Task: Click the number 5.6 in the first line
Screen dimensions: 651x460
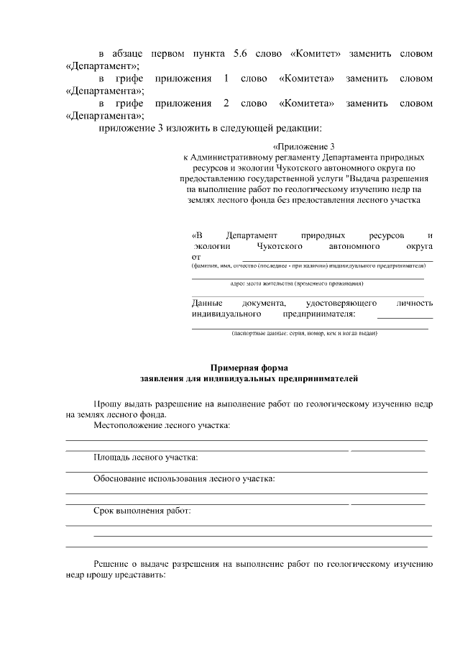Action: coord(240,54)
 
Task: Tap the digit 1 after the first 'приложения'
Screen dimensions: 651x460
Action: coord(226,78)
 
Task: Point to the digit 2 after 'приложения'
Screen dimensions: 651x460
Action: coord(226,104)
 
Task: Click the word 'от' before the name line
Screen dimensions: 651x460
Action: coord(196,256)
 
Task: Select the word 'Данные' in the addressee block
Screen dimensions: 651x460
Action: coord(208,304)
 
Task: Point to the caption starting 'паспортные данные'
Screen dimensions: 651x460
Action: coord(303,333)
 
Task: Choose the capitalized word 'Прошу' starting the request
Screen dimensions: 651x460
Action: coord(109,404)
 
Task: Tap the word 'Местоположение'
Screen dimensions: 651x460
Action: coord(128,425)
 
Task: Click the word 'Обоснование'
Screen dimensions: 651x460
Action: coord(122,478)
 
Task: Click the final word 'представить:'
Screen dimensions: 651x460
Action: coord(142,575)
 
